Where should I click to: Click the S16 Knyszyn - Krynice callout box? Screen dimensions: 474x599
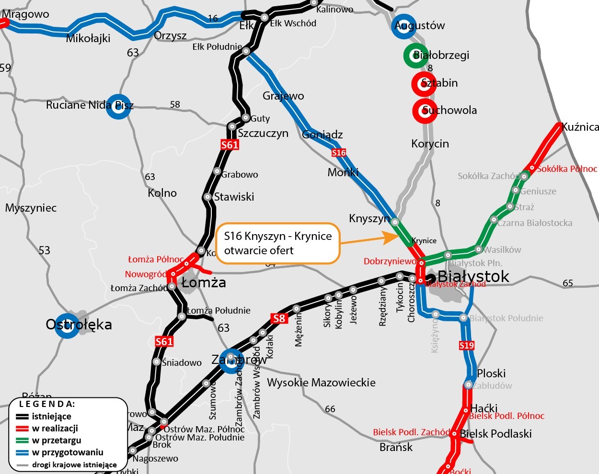point(277,243)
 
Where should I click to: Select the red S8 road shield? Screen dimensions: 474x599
point(279,318)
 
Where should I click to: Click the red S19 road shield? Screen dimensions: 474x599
point(466,345)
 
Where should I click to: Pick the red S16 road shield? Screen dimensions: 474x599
point(338,153)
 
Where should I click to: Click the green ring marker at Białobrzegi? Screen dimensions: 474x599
point(415,55)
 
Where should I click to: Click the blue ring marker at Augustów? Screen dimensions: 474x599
point(403,26)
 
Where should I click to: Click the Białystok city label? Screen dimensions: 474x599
point(473,276)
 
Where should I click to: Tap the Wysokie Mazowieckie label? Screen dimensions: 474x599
point(321,383)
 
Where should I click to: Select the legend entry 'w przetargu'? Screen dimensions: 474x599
point(56,440)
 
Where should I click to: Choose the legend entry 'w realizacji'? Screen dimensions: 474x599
point(55,429)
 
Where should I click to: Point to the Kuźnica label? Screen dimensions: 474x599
point(580,127)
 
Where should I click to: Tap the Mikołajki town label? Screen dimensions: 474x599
point(88,38)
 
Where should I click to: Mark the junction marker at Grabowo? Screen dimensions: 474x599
point(217,171)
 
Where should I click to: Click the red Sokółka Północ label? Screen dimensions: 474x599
point(567,169)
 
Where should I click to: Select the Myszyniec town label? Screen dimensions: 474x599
point(31,208)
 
